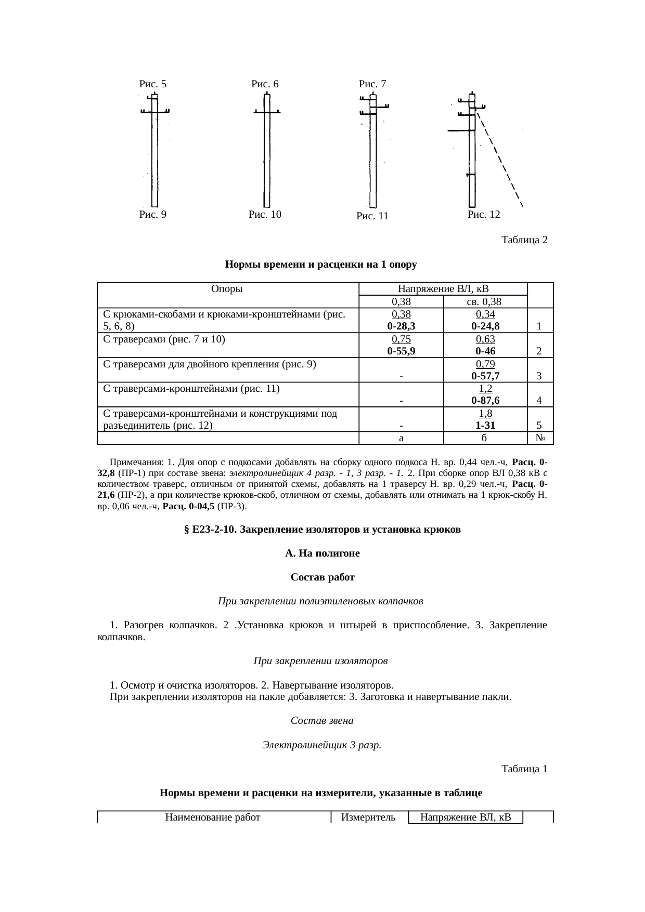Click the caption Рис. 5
point(152,84)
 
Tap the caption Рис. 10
point(265,214)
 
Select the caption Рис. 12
point(484,214)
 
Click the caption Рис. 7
point(372,84)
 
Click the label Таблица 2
point(524,240)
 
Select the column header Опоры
point(227,288)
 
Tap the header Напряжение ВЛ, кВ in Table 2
point(443,288)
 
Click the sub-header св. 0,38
point(484,301)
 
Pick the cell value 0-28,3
point(401,326)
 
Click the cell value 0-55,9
point(401,351)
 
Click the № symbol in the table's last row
point(540,438)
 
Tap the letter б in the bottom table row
point(484,438)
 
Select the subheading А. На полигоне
point(322,553)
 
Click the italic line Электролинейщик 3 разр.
point(322,745)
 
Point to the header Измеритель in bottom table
point(368,817)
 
